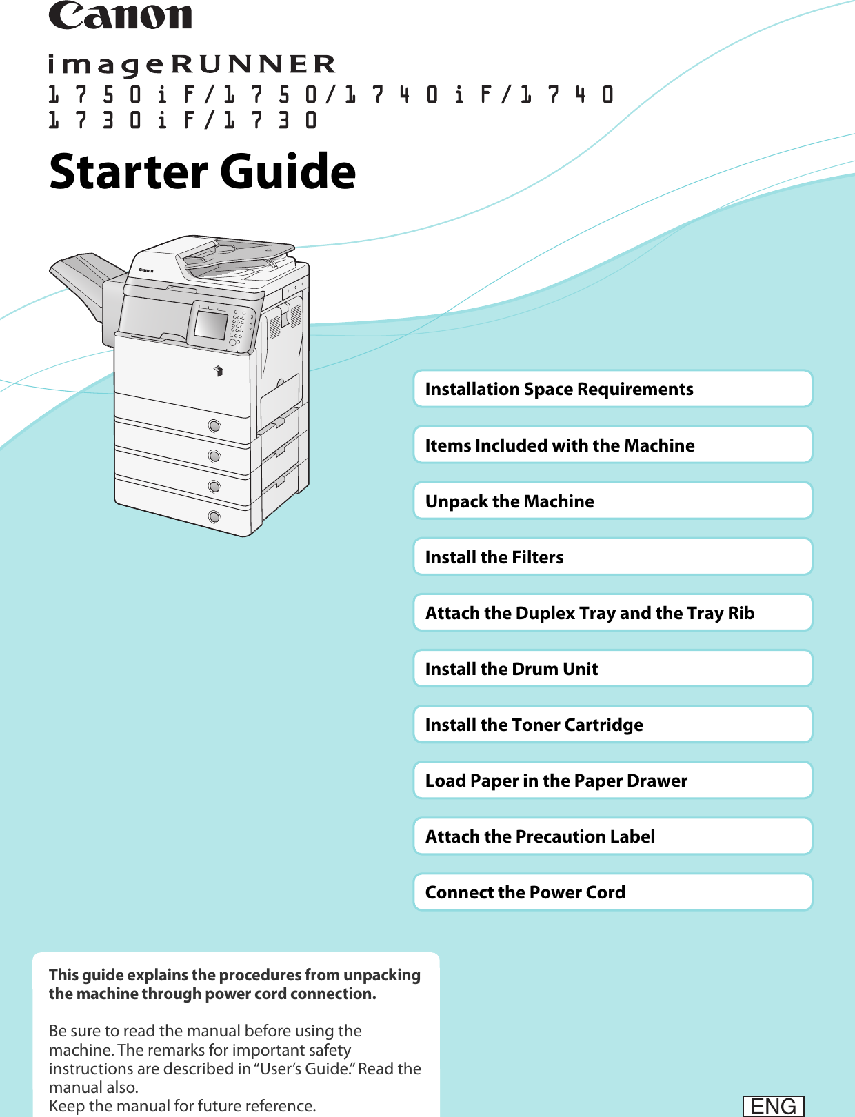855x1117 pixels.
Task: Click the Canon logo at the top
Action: point(121,16)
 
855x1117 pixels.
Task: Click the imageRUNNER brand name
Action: point(192,64)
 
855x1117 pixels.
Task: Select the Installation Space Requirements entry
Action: point(612,389)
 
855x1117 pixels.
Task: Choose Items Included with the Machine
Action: point(612,445)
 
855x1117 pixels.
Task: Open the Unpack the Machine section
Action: point(612,501)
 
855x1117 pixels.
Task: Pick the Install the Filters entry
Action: point(612,556)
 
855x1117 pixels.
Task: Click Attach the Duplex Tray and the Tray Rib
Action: point(612,612)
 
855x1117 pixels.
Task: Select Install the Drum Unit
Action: point(612,668)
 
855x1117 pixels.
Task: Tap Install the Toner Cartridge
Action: point(612,724)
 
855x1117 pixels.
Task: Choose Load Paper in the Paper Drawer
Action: point(612,780)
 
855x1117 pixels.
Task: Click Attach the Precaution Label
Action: point(612,836)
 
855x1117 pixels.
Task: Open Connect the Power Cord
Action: point(612,892)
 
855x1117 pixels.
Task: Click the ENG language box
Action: point(773,1106)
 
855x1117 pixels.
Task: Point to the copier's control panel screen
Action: point(211,325)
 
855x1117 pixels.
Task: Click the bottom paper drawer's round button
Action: point(214,517)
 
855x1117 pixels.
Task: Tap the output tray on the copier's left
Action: point(79,279)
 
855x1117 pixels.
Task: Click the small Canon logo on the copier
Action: point(146,270)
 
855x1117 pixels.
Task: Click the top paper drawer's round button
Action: point(214,426)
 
